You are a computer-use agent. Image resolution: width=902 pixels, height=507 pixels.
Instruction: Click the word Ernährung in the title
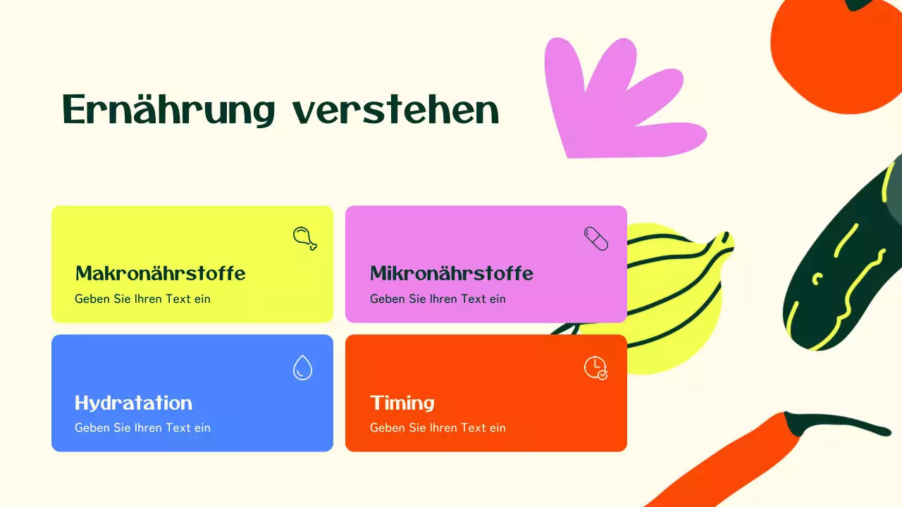pyautogui.click(x=168, y=110)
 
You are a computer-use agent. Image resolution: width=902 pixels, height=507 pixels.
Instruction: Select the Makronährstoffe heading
pyautogui.click(x=160, y=273)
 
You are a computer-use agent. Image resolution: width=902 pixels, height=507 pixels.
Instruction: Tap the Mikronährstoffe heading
pyautogui.click(x=451, y=273)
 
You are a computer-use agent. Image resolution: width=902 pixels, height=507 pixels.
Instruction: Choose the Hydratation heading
pyautogui.click(x=133, y=403)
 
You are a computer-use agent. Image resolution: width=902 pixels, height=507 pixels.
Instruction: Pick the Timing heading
pyautogui.click(x=402, y=403)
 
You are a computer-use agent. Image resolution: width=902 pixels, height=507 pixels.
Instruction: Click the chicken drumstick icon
pyautogui.click(x=304, y=238)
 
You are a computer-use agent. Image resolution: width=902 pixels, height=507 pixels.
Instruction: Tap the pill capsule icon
pyautogui.click(x=595, y=238)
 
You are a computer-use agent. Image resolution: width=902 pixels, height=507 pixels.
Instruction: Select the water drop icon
pyautogui.click(x=302, y=368)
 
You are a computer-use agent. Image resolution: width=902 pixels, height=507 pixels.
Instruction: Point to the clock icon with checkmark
pyautogui.click(x=595, y=368)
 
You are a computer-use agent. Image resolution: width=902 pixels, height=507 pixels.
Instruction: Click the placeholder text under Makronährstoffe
pyautogui.click(x=142, y=299)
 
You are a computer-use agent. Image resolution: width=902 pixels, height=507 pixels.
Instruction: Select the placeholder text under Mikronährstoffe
pyautogui.click(x=438, y=299)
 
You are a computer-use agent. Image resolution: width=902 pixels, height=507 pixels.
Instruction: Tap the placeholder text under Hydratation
pyautogui.click(x=142, y=427)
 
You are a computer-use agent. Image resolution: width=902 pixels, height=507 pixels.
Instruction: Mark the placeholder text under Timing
pyautogui.click(x=438, y=427)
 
